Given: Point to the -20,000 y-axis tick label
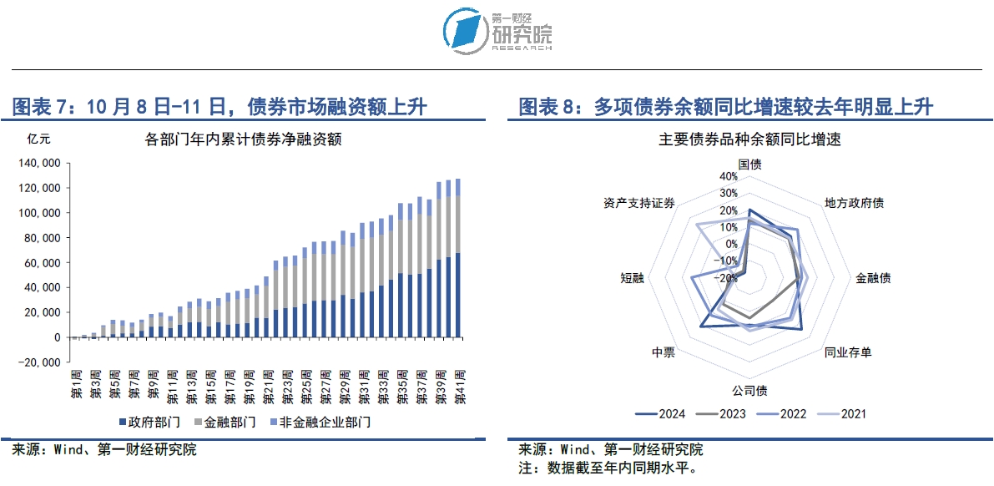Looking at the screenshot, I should coord(38,362).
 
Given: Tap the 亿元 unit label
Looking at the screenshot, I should coord(38,138).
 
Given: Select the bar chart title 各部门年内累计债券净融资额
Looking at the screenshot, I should coord(244,139).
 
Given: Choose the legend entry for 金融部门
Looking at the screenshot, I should coord(225,423).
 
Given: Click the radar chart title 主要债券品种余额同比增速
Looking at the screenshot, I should coord(749,139).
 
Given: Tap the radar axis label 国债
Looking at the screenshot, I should coord(749,164).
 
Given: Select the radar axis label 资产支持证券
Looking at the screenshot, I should coord(640,203).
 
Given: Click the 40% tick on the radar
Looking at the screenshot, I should coord(728,177).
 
